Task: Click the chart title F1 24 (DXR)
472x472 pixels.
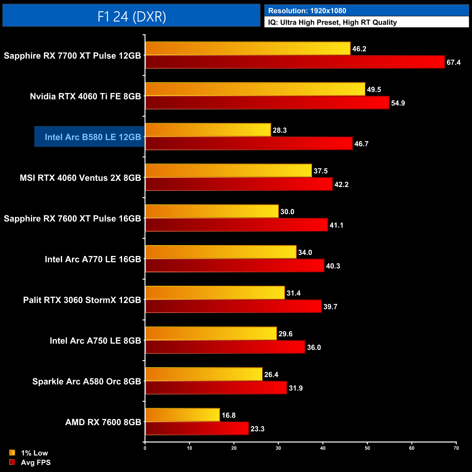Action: (x=131, y=16)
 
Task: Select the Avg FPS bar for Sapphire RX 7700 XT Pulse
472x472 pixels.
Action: (x=295, y=62)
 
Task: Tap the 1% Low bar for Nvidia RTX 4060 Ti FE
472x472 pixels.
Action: (x=255, y=89)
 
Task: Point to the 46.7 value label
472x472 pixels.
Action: (x=361, y=144)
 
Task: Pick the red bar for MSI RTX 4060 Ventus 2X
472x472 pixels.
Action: (x=239, y=184)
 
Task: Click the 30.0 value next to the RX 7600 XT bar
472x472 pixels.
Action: (x=287, y=212)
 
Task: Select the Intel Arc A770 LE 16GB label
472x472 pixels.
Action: (x=93, y=259)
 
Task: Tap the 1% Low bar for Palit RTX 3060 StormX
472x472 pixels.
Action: (x=215, y=293)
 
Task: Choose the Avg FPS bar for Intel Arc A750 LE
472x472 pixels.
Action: (x=225, y=347)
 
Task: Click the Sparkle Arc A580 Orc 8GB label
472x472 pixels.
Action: (x=86, y=382)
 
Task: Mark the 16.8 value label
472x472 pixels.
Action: (x=228, y=415)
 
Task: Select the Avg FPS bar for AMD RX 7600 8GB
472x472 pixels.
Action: (x=197, y=428)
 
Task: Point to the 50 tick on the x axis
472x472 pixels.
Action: (x=367, y=448)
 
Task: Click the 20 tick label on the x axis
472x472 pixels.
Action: (x=234, y=448)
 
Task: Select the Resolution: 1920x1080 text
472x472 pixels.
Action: (x=307, y=11)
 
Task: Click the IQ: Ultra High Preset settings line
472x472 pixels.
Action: (x=332, y=23)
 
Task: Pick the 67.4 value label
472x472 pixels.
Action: (x=453, y=62)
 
